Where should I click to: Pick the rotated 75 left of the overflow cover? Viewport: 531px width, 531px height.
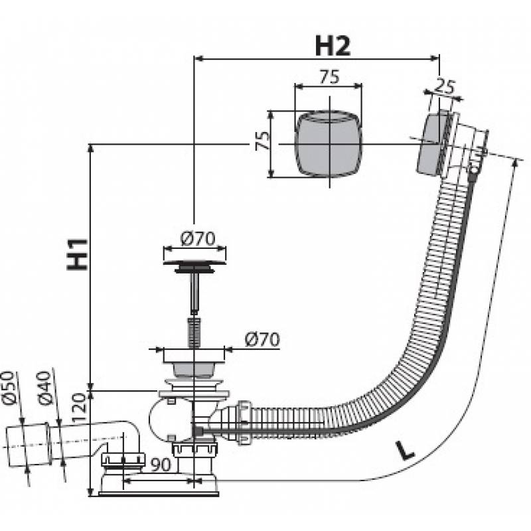[261, 142]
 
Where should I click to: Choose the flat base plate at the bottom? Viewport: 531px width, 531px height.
[159, 491]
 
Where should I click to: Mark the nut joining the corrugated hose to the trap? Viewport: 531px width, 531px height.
[244, 423]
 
